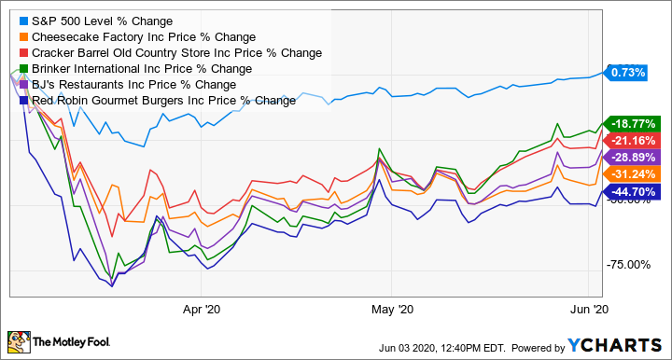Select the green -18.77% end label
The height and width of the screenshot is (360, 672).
tap(630, 123)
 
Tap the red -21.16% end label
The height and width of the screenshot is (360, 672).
tap(630, 140)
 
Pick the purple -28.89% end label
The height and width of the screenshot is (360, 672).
tap(630, 157)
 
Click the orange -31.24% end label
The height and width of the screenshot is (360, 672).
tap(630, 174)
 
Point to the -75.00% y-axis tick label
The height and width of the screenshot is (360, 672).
tap(628, 265)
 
